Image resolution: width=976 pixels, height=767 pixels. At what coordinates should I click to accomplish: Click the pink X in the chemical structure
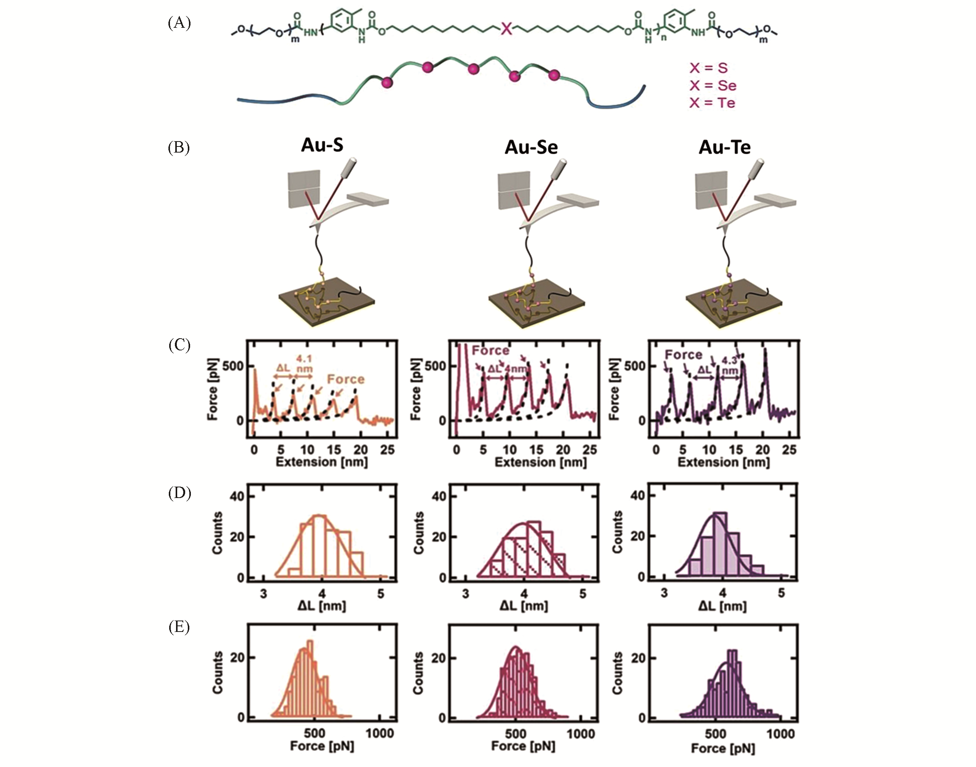click(506, 29)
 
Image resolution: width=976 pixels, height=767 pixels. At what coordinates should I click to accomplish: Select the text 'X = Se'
click(713, 85)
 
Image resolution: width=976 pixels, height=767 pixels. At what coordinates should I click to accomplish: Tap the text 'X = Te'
click(712, 103)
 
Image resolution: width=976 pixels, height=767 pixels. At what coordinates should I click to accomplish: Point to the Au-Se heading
click(531, 147)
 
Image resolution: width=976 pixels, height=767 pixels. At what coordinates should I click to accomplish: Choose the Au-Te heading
click(724, 147)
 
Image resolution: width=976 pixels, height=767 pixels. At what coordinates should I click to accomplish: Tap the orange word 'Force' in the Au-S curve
click(346, 379)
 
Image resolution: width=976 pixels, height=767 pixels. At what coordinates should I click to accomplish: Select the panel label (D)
click(179, 493)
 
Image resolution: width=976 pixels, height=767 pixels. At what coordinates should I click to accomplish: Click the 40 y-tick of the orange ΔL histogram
click(238, 496)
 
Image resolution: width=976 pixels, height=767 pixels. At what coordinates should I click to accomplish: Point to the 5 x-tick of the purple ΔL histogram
click(781, 593)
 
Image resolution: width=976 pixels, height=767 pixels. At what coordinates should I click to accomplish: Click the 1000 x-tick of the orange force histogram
click(379, 733)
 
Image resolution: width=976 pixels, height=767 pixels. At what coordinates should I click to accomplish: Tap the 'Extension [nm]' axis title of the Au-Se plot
click(540, 462)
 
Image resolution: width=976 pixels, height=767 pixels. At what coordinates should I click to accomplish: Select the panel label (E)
click(179, 627)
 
